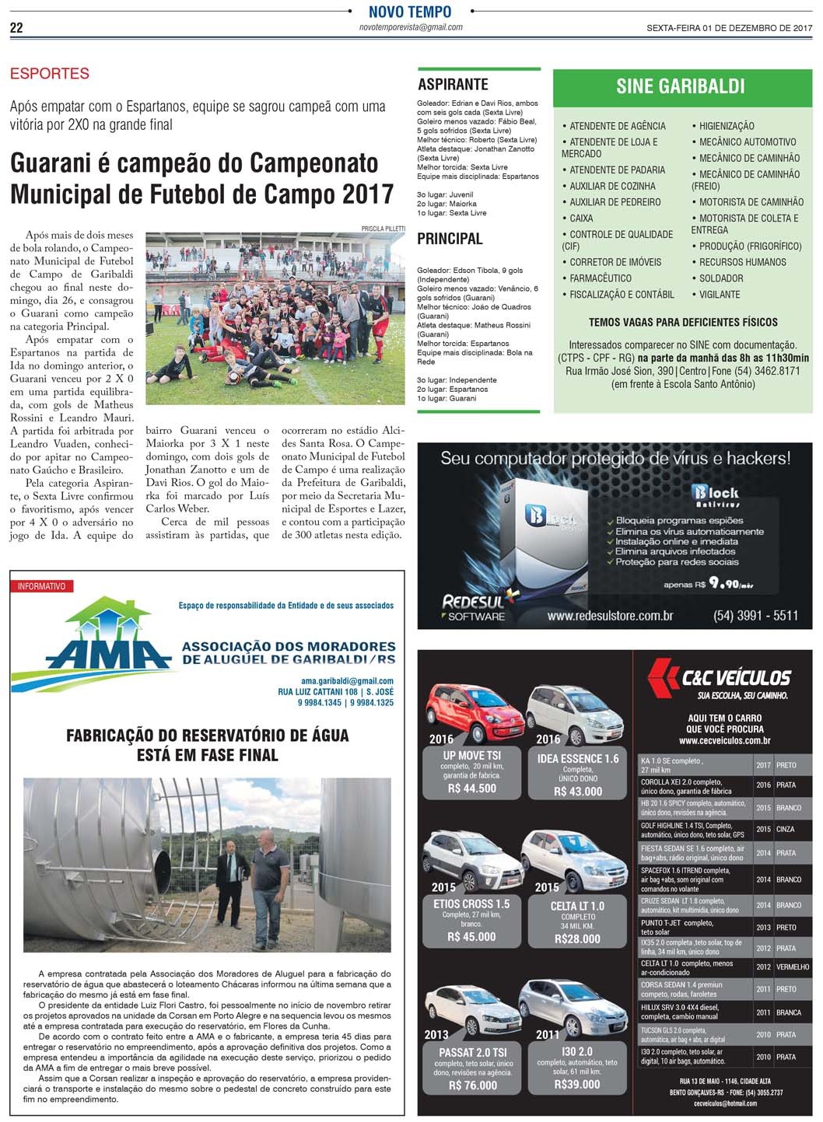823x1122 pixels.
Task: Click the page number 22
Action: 16,28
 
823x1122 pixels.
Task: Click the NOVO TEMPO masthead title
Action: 410,12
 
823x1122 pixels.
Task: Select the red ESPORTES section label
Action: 50,74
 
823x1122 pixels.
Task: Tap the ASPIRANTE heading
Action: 453,85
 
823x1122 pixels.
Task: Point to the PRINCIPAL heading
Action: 450,239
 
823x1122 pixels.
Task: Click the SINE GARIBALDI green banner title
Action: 680,86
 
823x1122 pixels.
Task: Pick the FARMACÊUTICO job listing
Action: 600,278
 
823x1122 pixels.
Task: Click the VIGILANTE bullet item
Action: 719,295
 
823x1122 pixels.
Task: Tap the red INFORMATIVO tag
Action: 42,586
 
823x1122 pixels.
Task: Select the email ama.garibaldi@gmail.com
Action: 347,681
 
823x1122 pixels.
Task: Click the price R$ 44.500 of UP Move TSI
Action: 472,788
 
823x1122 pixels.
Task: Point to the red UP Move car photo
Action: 464,711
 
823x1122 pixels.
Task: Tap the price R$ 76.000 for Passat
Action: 473,1085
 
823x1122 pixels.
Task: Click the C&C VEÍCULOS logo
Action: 720,677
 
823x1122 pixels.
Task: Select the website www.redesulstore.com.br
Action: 610,616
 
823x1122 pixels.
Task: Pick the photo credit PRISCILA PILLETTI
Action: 383,229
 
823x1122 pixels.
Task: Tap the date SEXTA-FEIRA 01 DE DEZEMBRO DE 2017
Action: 729,28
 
